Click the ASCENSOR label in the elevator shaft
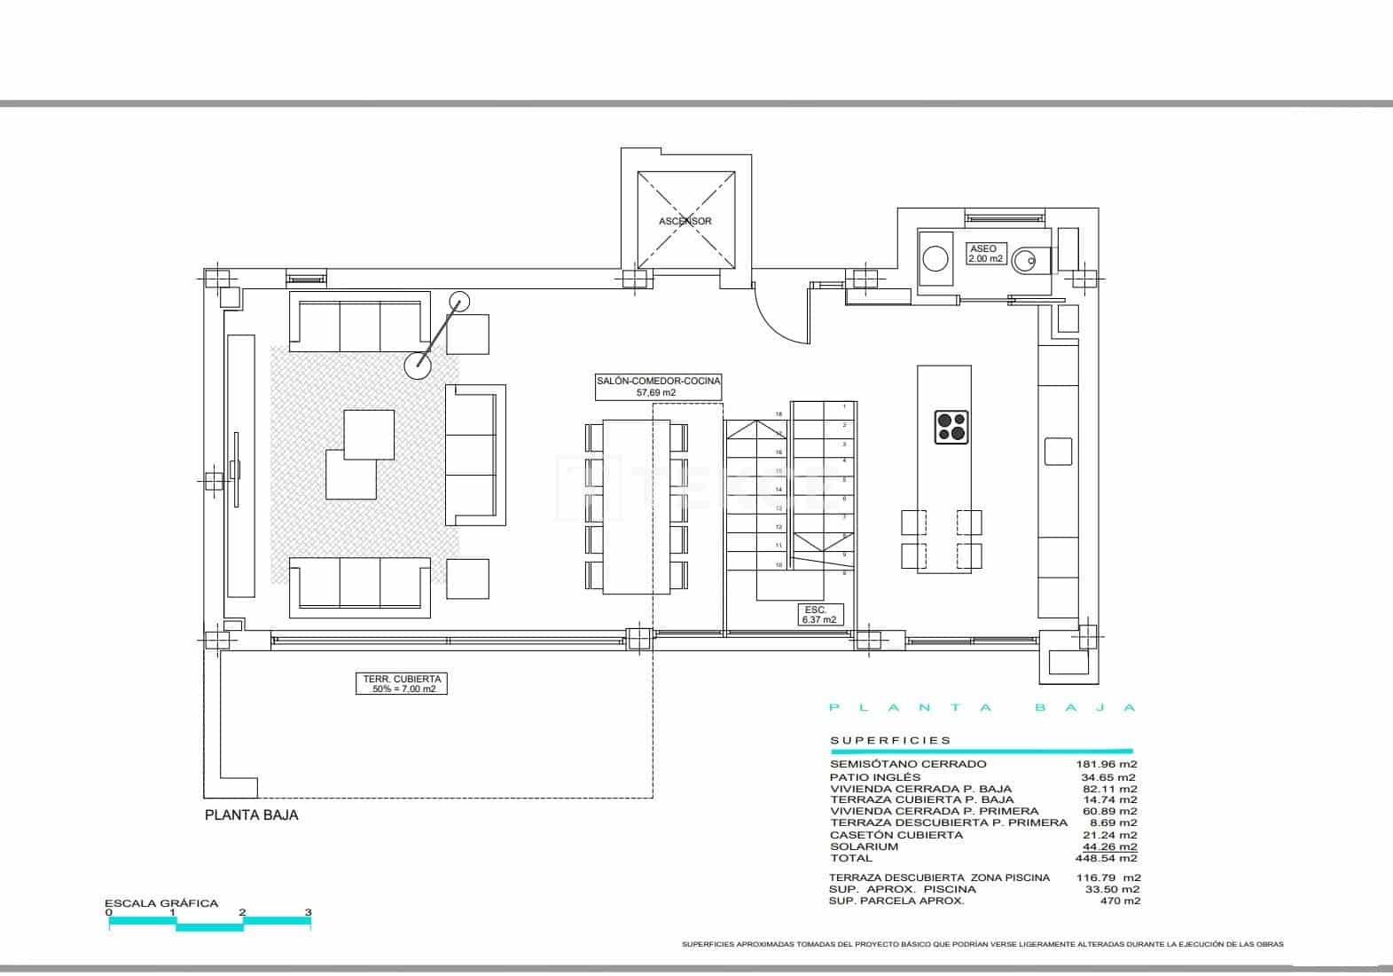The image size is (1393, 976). click(x=685, y=221)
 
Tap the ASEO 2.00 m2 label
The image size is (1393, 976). click(x=985, y=254)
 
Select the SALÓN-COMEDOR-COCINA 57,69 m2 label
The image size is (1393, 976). click(x=657, y=386)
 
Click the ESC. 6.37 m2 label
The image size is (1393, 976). click(x=818, y=615)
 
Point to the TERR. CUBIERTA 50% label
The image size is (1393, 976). click(x=403, y=683)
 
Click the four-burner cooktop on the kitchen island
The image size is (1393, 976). click(x=951, y=428)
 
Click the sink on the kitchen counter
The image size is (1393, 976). click(x=1059, y=452)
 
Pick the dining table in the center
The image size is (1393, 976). click(x=636, y=506)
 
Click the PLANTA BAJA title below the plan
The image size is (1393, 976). click(x=252, y=815)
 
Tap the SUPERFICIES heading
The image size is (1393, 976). click(x=890, y=740)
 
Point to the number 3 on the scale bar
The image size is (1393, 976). click(x=309, y=912)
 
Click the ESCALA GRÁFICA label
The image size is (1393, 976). click(x=161, y=903)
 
